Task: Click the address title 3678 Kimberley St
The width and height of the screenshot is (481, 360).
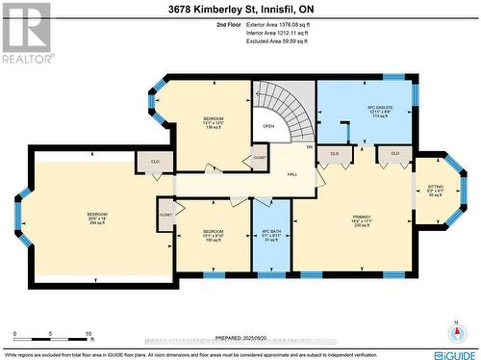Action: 240,10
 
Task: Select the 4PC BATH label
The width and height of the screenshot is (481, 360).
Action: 270,234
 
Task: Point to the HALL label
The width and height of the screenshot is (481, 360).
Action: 291,173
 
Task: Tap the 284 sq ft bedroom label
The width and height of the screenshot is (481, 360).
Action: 98,218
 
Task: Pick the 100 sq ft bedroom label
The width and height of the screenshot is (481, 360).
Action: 214,237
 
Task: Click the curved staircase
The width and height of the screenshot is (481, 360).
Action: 289,111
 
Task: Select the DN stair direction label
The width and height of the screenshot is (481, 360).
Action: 309,147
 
